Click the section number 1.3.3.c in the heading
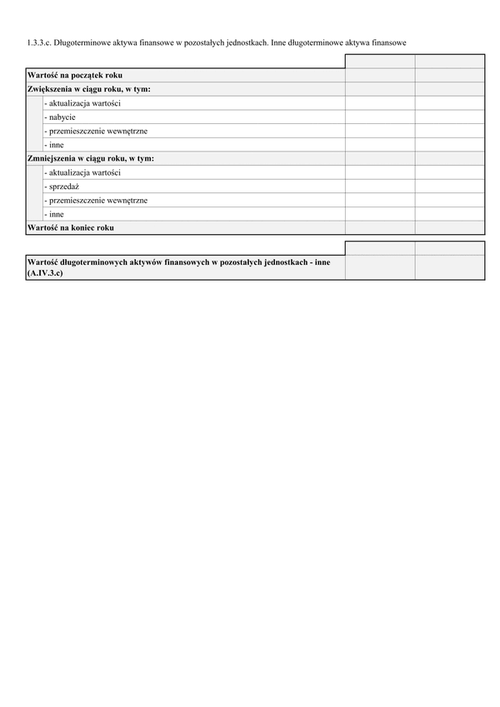click(38, 41)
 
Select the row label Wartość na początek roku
click(74, 76)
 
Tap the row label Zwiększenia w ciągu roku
click(88, 89)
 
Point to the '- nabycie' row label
click(60, 117)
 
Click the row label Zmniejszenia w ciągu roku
click(90, 158)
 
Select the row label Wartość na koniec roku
click(71, 227)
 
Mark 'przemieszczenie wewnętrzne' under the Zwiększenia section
click(96, 131)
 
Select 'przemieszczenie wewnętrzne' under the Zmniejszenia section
click(96, 200)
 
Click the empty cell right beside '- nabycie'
click(379, 117)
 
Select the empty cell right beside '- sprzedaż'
click(379, 187)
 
